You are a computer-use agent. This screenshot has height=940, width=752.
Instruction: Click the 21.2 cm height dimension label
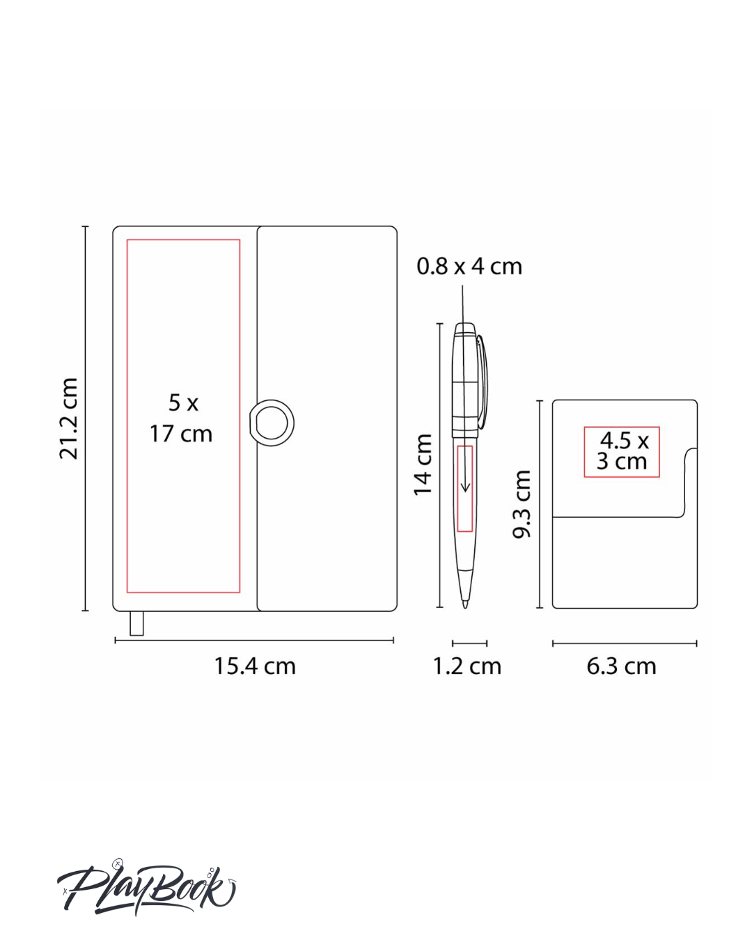[68, 418]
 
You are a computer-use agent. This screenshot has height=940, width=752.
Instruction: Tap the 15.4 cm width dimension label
[255, 666]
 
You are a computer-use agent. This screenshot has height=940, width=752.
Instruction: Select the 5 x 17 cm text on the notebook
[181, 418]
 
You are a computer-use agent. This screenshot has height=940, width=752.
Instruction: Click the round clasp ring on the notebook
[272, 423]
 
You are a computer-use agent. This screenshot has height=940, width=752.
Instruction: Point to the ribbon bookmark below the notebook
[136, 623]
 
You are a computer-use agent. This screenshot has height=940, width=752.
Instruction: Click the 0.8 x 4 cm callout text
[469, 266]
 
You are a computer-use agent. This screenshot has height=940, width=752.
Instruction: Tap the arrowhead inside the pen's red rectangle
[465, 486]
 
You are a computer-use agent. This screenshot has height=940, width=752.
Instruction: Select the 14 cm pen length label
[423, 464]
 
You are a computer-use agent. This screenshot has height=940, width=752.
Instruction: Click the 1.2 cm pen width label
[467, 666]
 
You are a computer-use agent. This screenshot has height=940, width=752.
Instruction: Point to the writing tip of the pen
[465, 604]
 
